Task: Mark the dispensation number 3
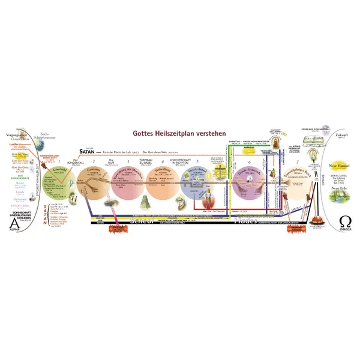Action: click(x=127, y=163)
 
